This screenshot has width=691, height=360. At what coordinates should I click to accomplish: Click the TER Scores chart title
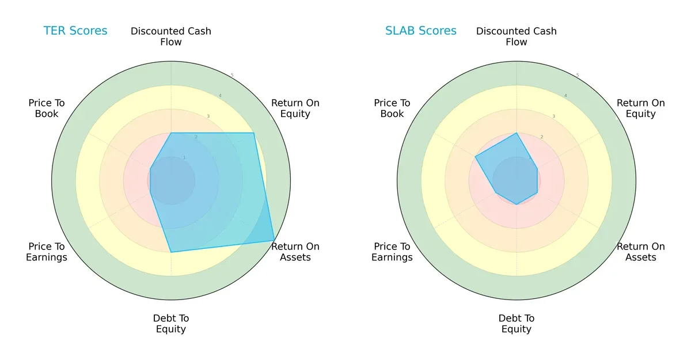click(x=75, y=31)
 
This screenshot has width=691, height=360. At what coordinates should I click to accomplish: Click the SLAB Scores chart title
click(x=421, y=31)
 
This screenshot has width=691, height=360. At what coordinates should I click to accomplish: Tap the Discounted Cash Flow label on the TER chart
click(x=171, y=36)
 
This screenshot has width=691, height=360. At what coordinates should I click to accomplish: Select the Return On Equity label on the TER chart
click(x=295, y=108)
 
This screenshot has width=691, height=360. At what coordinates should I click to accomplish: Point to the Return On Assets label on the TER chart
click(x=295, y=252)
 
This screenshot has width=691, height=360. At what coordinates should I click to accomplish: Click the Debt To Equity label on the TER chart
click(x=171, y=324)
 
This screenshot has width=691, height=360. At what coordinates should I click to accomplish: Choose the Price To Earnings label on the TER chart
click(x=47, y=252)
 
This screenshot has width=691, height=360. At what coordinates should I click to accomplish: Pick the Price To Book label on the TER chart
click(x=47, y=108)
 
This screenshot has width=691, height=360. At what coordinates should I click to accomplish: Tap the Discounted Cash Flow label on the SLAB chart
click(x=517, y=36)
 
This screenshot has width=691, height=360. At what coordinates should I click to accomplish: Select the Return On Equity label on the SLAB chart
click(x=641, y=108)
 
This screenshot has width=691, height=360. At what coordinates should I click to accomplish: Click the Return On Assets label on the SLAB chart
click(x=641, y=252)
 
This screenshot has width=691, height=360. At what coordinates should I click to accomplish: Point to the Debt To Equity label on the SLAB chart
click(x=517, y=324)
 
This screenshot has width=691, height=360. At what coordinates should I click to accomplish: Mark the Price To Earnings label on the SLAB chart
click(x=392, y=252)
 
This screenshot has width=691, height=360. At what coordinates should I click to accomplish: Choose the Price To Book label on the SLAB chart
click(x=392, y=108)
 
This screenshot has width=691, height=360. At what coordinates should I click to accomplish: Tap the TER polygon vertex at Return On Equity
click(x=254, y=133)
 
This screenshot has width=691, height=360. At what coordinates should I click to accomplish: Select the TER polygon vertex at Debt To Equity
click(x=171, y=252)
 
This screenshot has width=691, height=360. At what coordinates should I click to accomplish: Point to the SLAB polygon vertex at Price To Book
click(x=475, y=157)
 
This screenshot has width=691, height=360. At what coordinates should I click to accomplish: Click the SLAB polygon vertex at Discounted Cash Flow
click(x=517, y=133)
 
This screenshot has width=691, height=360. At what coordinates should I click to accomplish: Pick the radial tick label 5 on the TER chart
click(x=232, y=75)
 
